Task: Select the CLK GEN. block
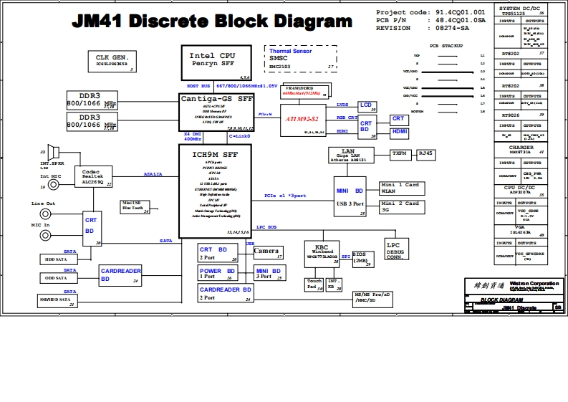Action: point(112,60)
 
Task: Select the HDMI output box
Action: point(399,133)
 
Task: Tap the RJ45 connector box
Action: point(426,153)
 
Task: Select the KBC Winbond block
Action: point(322,252)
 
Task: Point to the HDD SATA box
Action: point(57,259)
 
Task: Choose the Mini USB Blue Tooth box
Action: point(135,206)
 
